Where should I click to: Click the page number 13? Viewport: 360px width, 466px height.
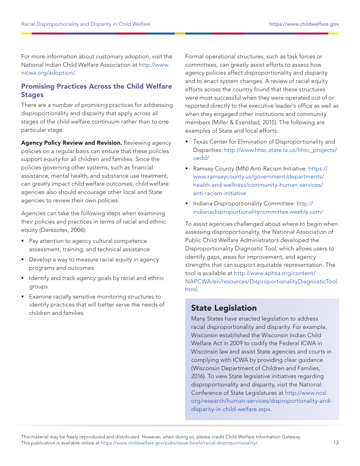pyautogui.click(x=336, y=443)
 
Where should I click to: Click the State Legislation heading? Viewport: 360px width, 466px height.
pyautogui.click(x=224, y=308)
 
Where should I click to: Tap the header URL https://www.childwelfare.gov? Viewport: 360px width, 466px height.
pyautogui.click(x=304, y=24)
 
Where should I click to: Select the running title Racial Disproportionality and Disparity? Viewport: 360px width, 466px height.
pyautogui.click(x=86, y=24)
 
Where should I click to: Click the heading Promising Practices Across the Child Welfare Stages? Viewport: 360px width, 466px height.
pyautogui.click(x=96, y=91)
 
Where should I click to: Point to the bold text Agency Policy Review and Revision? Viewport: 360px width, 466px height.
pyautogui.click(x=71, y=143)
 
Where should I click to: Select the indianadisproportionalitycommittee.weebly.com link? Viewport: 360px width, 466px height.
pyautogui.click(x=258, y=212)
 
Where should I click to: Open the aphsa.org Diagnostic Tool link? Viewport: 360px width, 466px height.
pyautogui.click(x=261, y=281)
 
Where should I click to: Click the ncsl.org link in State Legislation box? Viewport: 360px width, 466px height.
pyautogui.click(x=261, y=401)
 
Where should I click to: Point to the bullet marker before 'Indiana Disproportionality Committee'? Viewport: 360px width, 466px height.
pyautogui.click(x=187, y=204)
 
